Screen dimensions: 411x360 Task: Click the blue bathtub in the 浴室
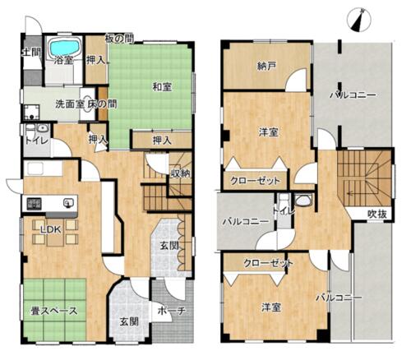(65, 47)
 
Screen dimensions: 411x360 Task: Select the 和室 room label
(162, 87)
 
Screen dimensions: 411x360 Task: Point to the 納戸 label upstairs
(266, 66)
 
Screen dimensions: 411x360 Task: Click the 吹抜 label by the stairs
(376, 214)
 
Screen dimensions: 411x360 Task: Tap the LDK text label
(51, 229)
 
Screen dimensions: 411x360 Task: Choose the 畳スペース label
(54, 311)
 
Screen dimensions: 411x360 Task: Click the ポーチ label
(172, 311)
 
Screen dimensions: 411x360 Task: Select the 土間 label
(31, 52)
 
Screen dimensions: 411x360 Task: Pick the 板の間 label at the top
(120, 39)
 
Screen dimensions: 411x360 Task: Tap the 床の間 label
(102, 104)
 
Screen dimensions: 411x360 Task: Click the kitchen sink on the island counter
(67, 203)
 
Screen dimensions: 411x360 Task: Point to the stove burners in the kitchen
(34, 204)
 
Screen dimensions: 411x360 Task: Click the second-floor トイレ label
(284, 210)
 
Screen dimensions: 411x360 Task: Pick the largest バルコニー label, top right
(353, 95)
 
